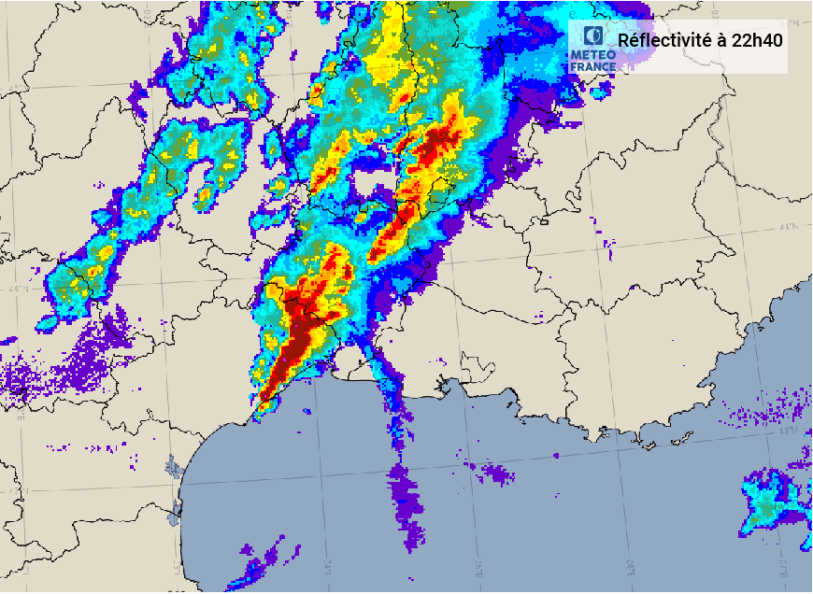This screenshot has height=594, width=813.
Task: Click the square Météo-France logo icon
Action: [x=592, y=36]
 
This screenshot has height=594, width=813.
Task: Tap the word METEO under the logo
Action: [x=592, y=55]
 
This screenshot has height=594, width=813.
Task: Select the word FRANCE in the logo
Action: [x=592, y=66]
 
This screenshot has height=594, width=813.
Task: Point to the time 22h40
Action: [x=758, y=40]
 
